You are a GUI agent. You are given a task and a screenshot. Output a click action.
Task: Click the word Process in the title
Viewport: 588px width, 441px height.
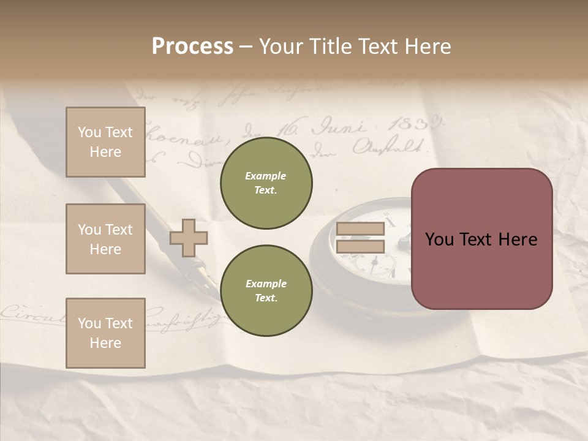192,47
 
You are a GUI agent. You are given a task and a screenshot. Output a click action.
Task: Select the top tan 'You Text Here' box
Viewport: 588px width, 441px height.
105,142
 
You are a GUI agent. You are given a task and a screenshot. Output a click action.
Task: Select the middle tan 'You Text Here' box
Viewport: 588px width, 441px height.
105,239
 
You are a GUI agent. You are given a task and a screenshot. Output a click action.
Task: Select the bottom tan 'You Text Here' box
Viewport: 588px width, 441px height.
105,333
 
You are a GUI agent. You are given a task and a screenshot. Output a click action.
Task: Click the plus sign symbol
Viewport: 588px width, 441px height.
189,238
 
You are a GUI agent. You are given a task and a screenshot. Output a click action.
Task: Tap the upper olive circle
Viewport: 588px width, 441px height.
266,183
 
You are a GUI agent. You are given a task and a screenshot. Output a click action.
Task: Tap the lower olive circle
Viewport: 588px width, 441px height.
266,291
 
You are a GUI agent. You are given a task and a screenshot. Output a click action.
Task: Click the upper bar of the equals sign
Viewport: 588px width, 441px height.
360,228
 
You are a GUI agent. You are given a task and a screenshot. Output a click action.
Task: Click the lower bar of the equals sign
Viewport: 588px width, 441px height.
360,246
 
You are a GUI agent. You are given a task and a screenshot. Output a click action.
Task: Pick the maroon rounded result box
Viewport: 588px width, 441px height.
481,239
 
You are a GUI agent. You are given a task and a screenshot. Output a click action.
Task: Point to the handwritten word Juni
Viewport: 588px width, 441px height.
338,128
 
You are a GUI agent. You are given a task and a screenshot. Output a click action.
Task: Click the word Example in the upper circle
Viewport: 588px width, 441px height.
266,176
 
